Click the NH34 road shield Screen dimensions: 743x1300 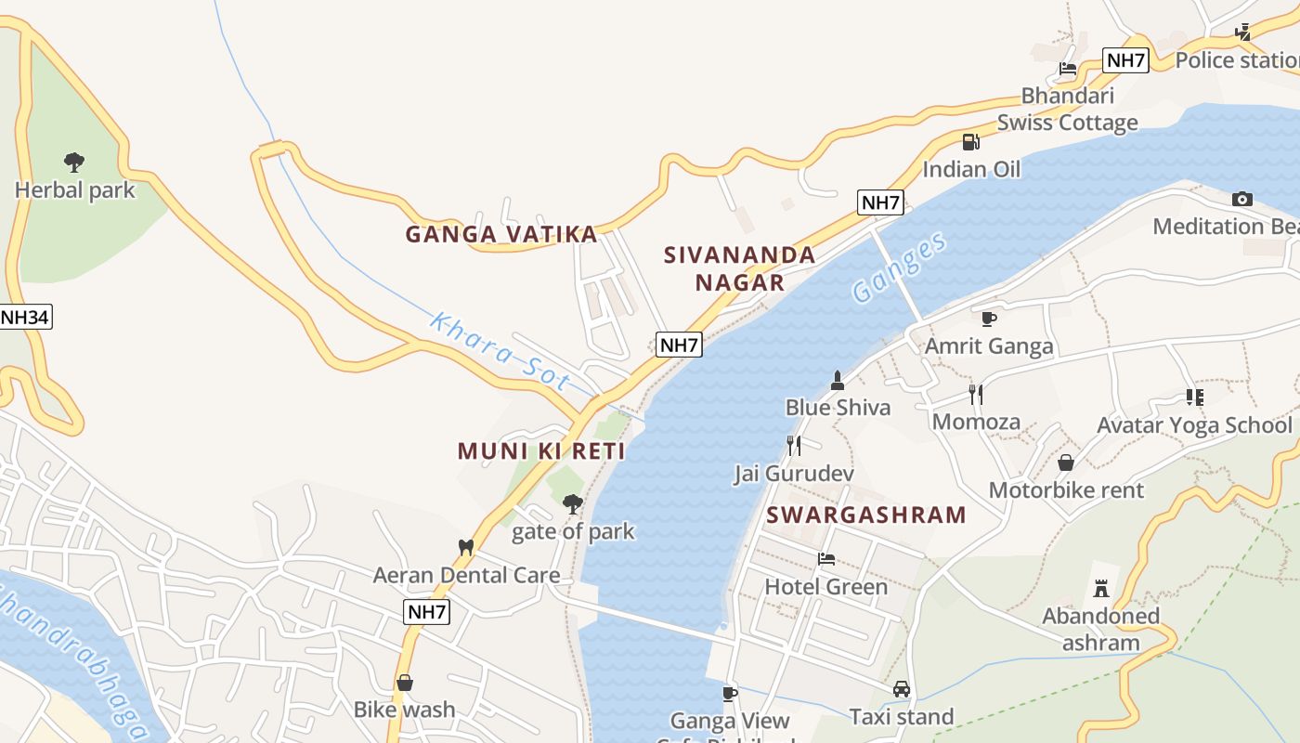[24, 317]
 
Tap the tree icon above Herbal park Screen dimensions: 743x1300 [74, 163]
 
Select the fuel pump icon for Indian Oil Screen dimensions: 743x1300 [970, 142]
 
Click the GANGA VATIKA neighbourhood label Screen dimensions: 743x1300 [501, 234]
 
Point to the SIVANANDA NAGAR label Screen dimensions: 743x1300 [740, 268]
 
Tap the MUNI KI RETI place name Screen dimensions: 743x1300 [541, 451]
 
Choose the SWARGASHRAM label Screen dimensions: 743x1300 [866, 515]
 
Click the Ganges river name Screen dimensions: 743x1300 [900, 267]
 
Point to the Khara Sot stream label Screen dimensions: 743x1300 [499, 351]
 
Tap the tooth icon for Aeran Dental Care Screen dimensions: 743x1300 [466, 548]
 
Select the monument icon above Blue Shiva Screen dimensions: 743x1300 [837, 380]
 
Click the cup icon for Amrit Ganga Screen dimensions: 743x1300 [989, 319]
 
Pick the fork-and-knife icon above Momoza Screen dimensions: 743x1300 [975, 395]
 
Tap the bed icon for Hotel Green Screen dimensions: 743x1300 [825, 559]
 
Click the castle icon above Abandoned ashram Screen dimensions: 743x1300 [1101, 588]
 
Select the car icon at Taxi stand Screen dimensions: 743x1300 [901, 689]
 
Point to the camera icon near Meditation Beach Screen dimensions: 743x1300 [1241, 199]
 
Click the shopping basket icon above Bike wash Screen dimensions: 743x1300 [405, 683]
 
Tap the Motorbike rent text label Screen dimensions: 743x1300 [1066, 490]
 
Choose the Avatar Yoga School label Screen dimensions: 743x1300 [1194, 425]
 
